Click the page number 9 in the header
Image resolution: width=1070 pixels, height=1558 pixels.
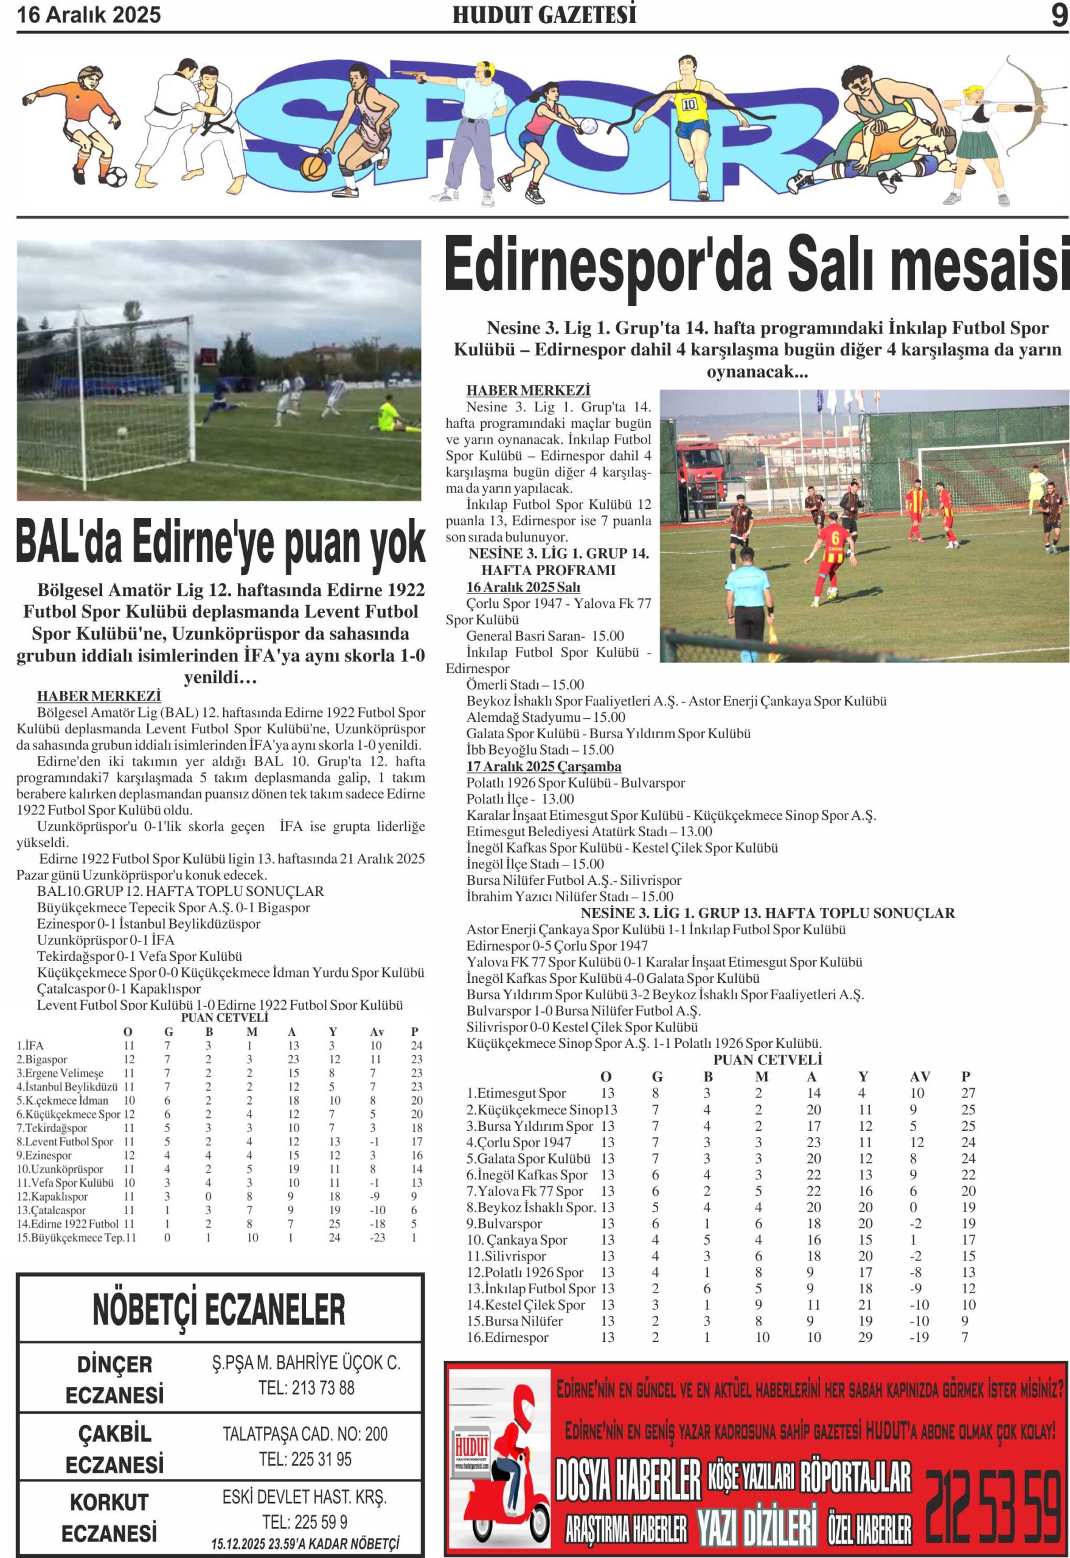point(1058,15)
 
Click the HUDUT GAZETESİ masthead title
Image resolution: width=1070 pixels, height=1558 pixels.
point(544,15)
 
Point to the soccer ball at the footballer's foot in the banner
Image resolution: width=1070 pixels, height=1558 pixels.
point(112,176)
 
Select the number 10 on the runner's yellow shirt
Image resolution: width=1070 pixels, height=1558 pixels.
point(689,105)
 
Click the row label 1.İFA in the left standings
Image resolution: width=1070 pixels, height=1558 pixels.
point(30,1046)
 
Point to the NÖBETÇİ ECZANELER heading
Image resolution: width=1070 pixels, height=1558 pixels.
point(219,1308)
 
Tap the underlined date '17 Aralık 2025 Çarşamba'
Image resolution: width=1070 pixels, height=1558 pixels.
point(544,767)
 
